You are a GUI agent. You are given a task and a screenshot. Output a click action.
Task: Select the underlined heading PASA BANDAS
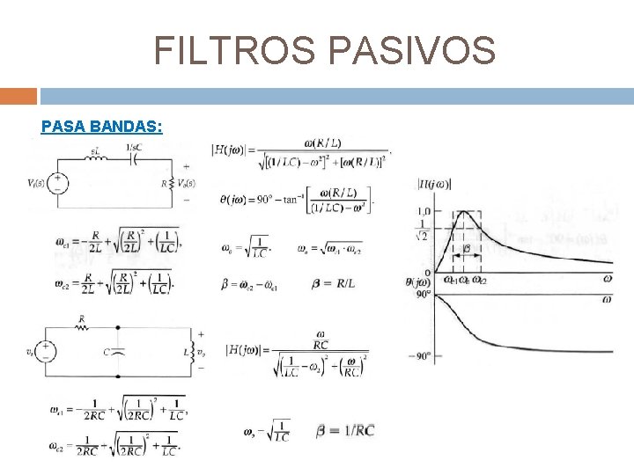pyautogui.click(x=101, y=127)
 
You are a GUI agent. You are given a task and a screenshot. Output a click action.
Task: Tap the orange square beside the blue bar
pyautogui.click(x=18, y=95)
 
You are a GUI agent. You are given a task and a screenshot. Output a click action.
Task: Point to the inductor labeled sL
pyautogui.click(x=99, y=158)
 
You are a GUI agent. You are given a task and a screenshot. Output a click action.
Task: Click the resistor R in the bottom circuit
pyautogui.click(x=82, y=326)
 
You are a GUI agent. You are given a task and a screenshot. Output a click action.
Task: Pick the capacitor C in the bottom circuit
pyautogui.click(x=118, y=351)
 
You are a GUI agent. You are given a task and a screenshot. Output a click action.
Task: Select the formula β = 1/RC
pyautogui.click(x=345, y=430)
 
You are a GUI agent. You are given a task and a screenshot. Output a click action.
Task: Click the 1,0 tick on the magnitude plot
pyautogui.click(x=424, y=212)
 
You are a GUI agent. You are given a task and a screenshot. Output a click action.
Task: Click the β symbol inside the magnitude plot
pyautogui.click(x=468, y=249)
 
